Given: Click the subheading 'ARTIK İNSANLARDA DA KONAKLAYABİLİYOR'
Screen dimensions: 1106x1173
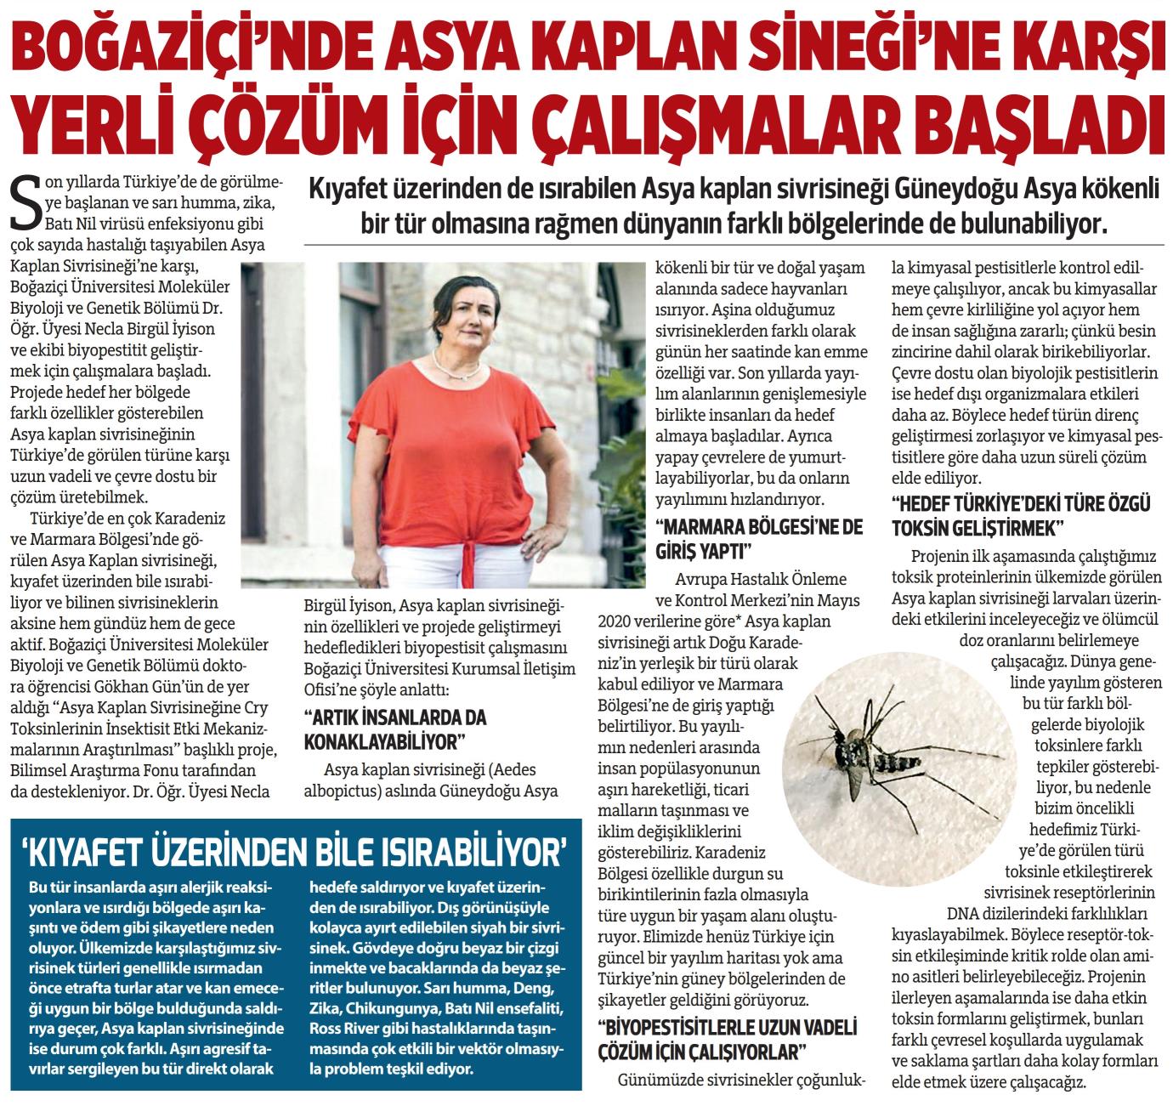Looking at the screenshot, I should point(395,729).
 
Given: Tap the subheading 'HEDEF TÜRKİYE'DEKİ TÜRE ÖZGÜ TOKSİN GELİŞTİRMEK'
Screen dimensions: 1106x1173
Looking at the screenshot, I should point(1020,516).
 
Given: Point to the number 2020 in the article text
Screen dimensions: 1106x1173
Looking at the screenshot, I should point(621,616).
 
